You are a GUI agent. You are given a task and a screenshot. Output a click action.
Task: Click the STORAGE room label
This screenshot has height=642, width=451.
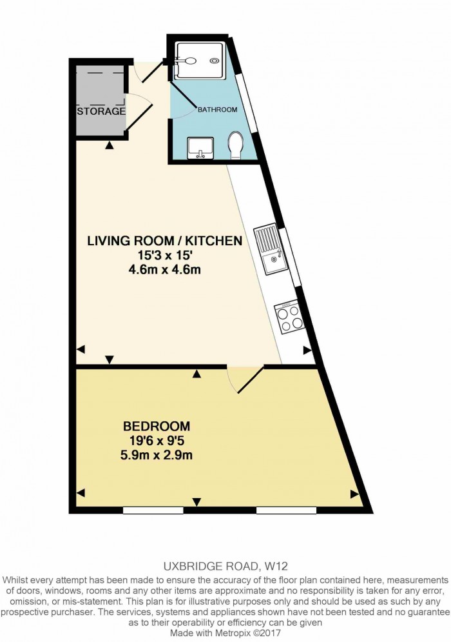point(101,111)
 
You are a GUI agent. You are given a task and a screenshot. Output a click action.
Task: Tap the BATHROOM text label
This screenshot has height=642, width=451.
point(217,110)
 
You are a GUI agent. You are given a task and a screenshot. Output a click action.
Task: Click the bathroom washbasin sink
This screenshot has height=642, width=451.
point(200,148)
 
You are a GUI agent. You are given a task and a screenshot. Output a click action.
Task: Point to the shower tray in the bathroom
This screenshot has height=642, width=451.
point(199,61)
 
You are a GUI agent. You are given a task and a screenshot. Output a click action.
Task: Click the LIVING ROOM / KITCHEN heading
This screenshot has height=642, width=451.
point(164,240)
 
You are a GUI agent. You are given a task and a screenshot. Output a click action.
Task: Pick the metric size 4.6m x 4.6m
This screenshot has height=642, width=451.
point(165,270)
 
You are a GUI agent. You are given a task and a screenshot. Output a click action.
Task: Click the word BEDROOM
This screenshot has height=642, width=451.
point(157,426)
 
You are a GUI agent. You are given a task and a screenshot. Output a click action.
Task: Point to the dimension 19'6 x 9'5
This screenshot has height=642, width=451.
point(157,441)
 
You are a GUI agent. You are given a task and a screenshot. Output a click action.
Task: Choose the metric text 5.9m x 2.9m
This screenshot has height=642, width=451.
point(157,455)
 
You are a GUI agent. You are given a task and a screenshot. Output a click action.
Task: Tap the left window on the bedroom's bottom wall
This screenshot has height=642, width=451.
point(153,510)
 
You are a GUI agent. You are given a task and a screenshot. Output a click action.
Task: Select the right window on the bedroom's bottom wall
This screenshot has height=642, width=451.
point(286,510)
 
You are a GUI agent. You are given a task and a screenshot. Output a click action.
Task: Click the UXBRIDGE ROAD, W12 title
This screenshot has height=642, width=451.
point(225,567)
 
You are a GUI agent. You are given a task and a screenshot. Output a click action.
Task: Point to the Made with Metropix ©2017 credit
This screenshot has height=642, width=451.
point(225,633)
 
